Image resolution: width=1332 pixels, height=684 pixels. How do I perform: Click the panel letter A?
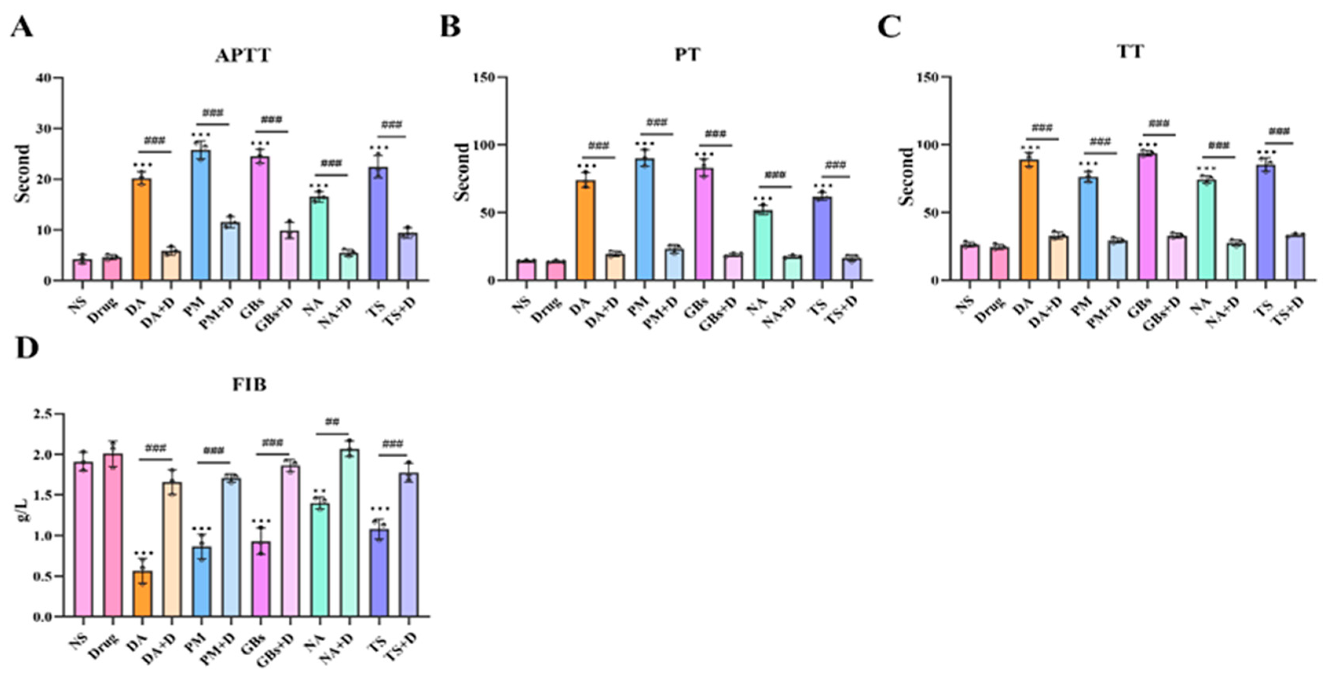(x=22, y=27)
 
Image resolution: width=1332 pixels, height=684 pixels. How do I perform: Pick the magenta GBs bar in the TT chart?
(x=1147, y=217)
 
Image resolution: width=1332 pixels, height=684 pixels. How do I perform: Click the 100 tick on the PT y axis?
(x=483, y=145)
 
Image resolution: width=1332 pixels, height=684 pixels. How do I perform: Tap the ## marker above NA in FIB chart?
(x=332, y=421)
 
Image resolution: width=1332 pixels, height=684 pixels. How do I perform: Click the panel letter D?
(x=27, y=348)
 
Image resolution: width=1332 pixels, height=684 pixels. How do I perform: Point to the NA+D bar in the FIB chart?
(x=350, y=532)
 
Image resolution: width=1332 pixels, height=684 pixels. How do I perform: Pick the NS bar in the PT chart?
(x=526, y=270)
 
